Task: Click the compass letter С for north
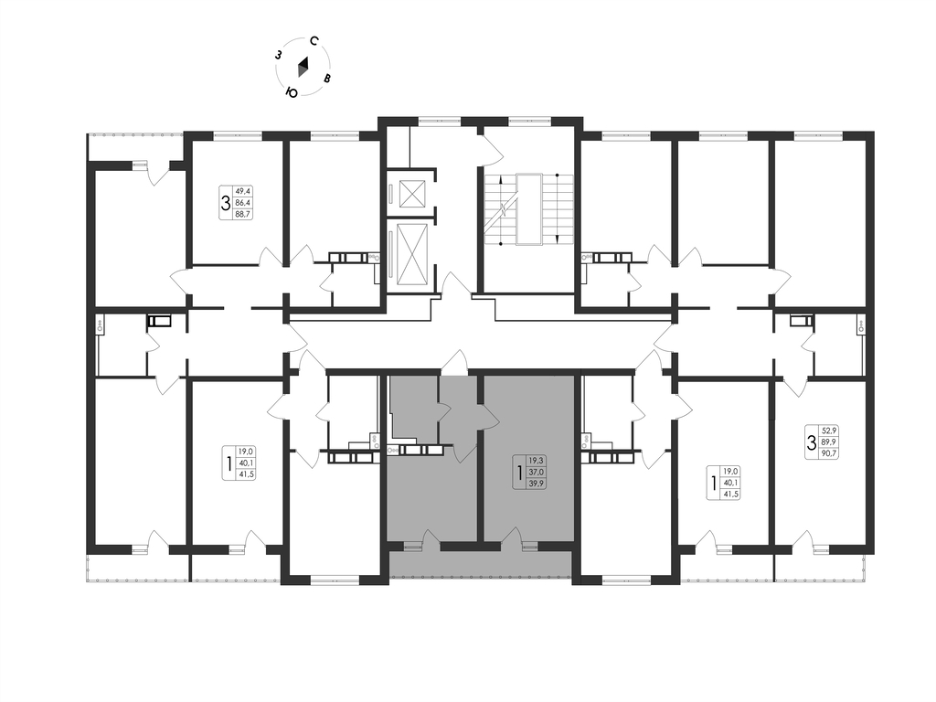point(314,41)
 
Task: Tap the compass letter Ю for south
point(292,92)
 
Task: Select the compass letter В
point(327,79)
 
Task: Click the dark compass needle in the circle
point(303,66)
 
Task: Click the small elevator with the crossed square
point(410,193)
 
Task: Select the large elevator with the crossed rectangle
point(411,251)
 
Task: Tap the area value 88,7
point(243,214)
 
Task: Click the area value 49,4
point(243,191)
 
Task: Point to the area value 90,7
point(830,452)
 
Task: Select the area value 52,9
point(830,430)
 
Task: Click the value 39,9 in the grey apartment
point(536,484)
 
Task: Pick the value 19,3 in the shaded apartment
point(536,461)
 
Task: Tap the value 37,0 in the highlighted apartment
point(536,473)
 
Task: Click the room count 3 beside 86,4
point(226,203)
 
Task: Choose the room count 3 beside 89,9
point(812,442)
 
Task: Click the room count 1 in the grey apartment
point(520,473)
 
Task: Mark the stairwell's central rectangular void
point(529,209)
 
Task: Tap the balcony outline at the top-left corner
point(135,147)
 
